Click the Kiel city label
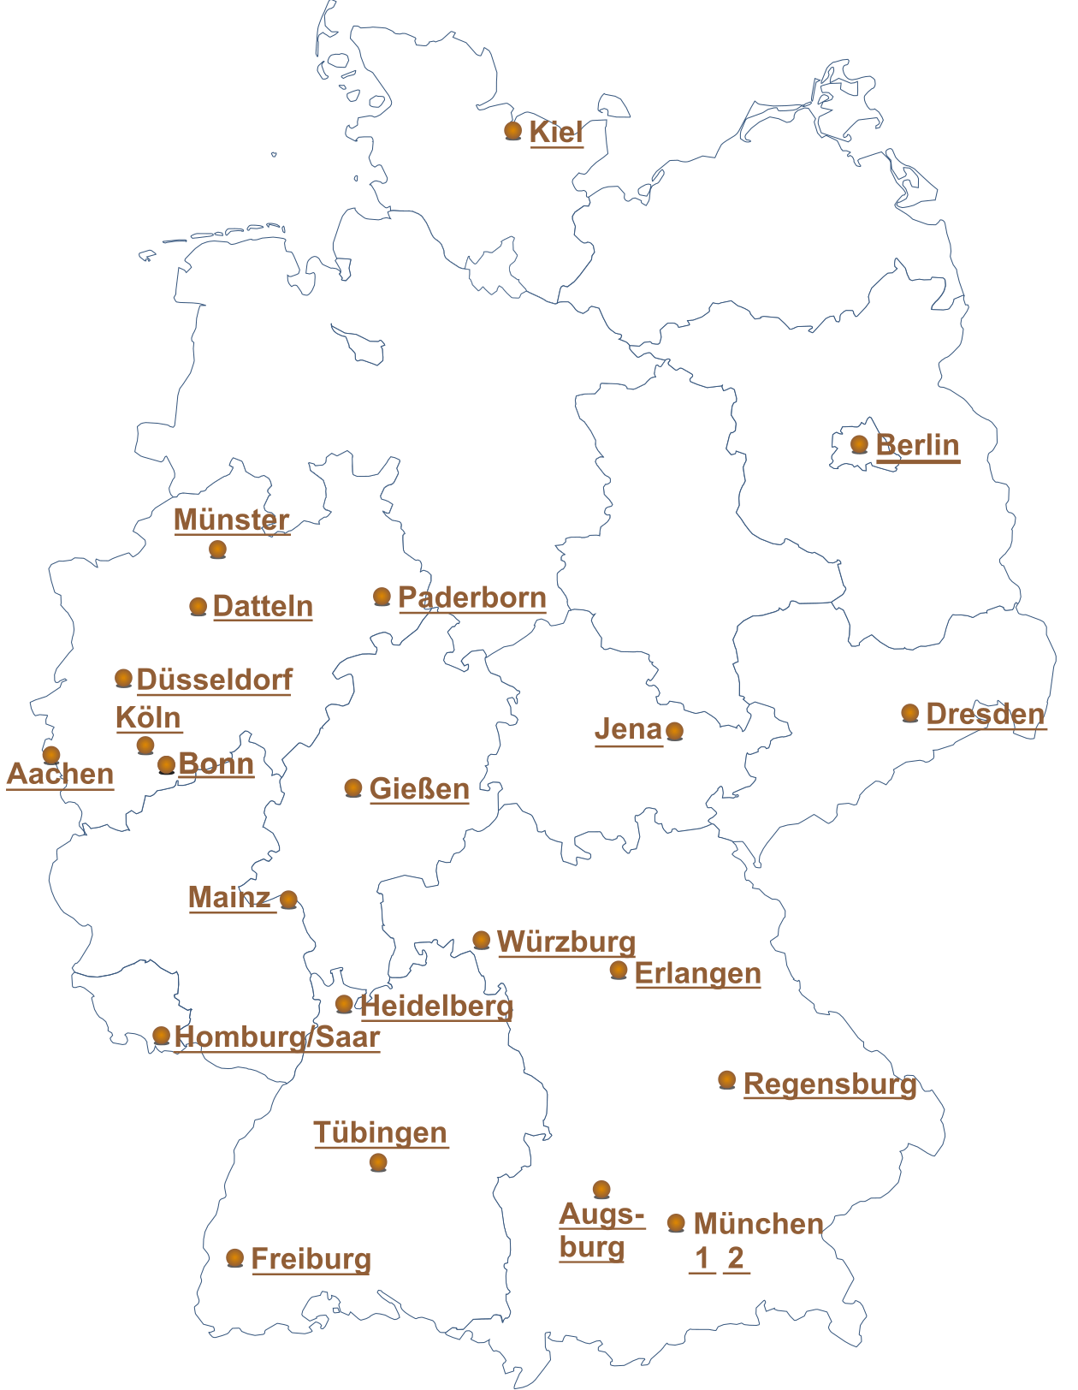click(556, 132)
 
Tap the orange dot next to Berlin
click(860, 444)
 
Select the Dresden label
click(986, 714)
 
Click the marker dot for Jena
click(675, 731)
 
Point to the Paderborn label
click(472, 597)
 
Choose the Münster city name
click(232, 520)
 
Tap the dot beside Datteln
click(198, 607)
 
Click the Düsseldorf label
click(214, 680)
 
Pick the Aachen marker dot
click(51, 754)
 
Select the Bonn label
click(216, 763)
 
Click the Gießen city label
click(419, 788)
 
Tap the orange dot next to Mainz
click(289, 899)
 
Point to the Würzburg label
click(566, 942)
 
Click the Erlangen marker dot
click(619, 970)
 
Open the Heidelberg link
click(437, 1006)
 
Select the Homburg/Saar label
click(277, 1037)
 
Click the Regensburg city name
click(830, 1084)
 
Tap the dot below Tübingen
click(378, 1162)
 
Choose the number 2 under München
click(736, 1258)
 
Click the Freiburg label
click(311, 1259)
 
